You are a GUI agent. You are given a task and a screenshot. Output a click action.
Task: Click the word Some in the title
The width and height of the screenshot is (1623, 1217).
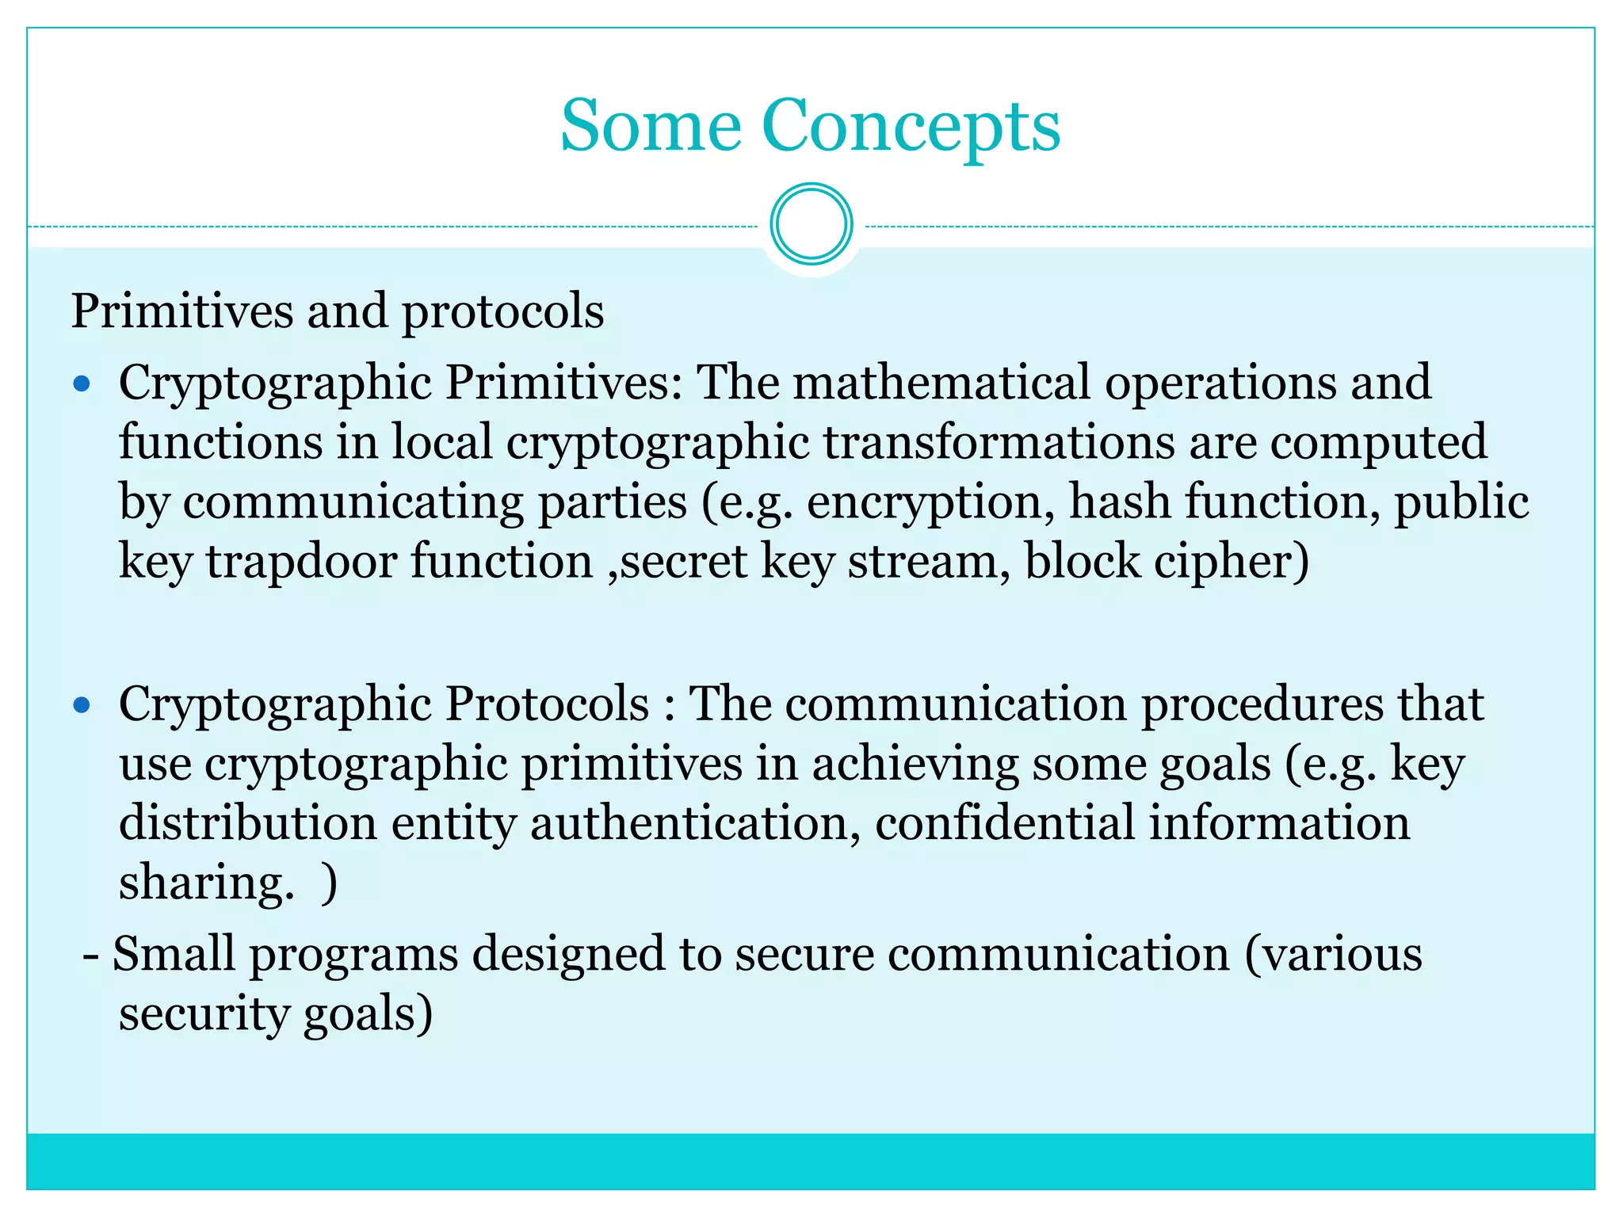651,127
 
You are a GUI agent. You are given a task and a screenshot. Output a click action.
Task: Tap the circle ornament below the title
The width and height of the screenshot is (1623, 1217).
811,224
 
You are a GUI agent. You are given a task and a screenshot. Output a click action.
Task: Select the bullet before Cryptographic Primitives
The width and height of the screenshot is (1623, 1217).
82,384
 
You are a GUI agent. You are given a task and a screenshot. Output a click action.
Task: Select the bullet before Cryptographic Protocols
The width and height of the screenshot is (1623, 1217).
82,704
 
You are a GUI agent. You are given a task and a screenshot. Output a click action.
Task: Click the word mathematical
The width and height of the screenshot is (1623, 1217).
941,383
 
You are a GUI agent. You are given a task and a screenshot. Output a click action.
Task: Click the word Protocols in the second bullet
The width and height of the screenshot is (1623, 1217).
547,704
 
